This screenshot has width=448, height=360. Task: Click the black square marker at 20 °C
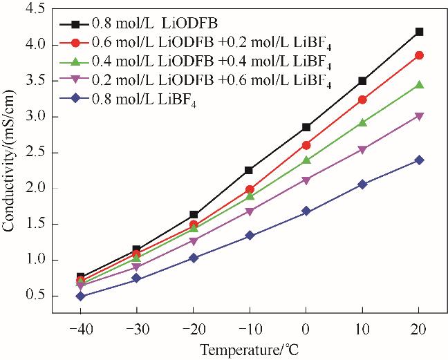click(419, 32)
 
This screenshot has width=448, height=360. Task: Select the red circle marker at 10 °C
click(362, 100)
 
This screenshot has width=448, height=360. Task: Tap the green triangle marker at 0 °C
click(306, 160)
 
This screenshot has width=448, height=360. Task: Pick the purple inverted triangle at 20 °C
click(419, 116)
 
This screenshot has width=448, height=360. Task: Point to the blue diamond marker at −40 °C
click(81, 296)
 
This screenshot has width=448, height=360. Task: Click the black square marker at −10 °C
click(250, 170)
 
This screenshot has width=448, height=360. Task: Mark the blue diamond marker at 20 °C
click(419, 160)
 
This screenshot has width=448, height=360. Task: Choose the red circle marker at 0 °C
click(306, 145)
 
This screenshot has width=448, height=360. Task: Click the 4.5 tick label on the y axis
click(36, 8)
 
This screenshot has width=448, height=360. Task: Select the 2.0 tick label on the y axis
click(36, 188)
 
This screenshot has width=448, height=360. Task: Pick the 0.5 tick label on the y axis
click(36, 296)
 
